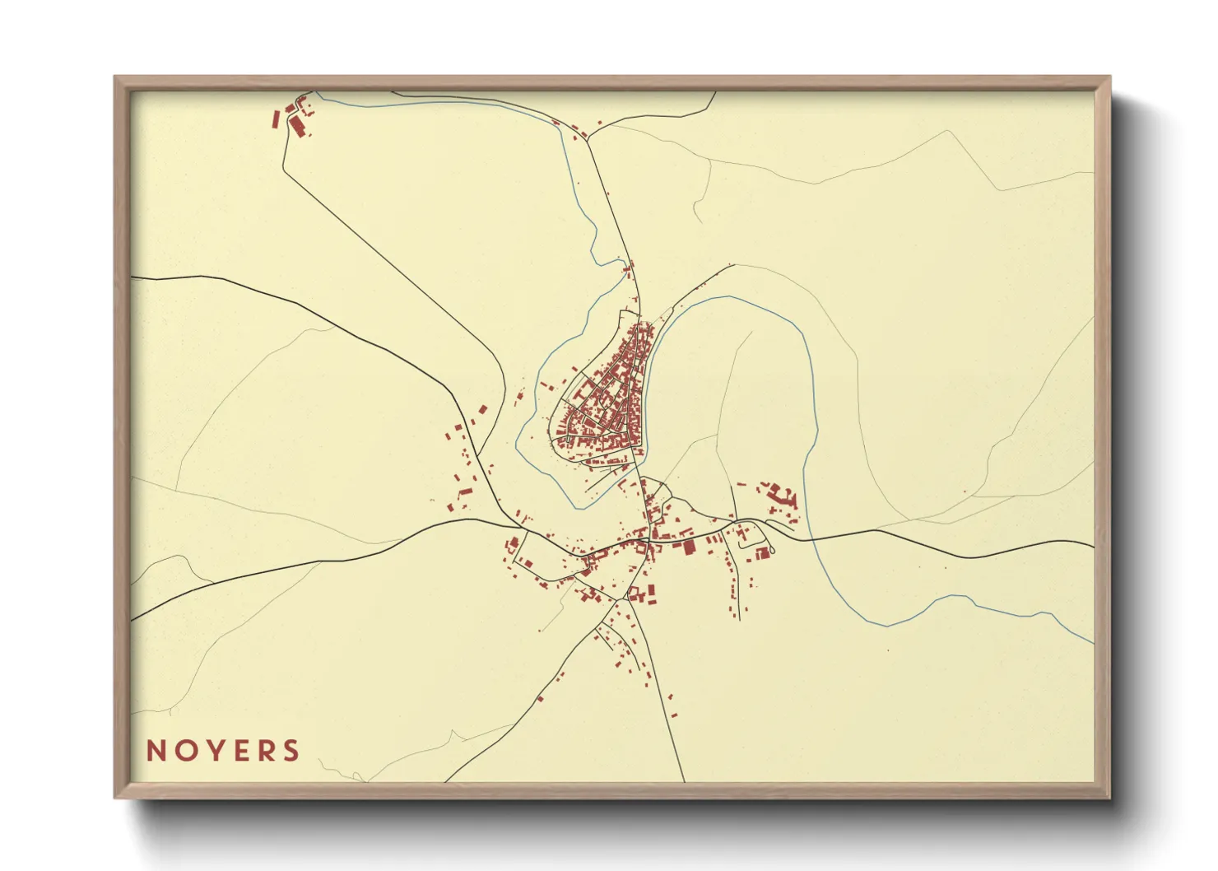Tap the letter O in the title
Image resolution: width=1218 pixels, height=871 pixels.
pos(184,751)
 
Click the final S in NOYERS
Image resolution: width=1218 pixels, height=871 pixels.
pos(291,751)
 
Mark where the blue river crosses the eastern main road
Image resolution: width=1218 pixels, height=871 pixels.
pos(810,538)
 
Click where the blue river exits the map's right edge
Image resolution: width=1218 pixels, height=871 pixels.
pos(1093,642)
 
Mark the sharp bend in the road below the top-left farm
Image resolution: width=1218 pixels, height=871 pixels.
pos(284,169)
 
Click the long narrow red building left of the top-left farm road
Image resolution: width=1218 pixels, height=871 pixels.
pos(277,119)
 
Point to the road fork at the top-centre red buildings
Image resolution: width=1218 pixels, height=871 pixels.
pos(588,140)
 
